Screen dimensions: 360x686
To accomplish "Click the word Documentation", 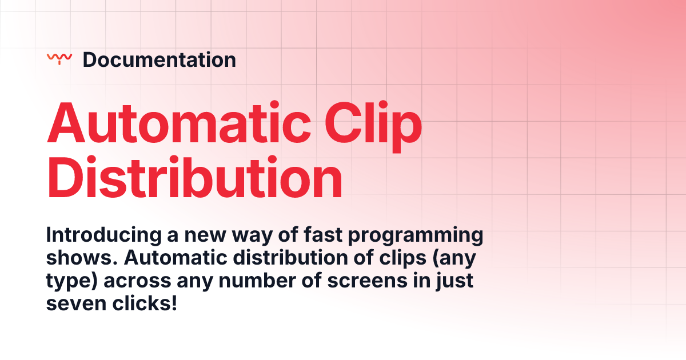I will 159,59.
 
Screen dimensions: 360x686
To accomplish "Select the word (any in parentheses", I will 454,258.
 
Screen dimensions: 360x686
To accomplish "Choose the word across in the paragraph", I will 141,282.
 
